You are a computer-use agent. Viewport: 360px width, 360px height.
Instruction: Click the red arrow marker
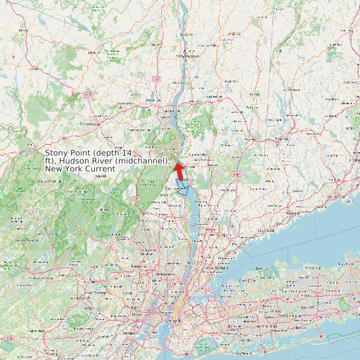coord(179,169)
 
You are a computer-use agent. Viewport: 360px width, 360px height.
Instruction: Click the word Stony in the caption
coord(57,153)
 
